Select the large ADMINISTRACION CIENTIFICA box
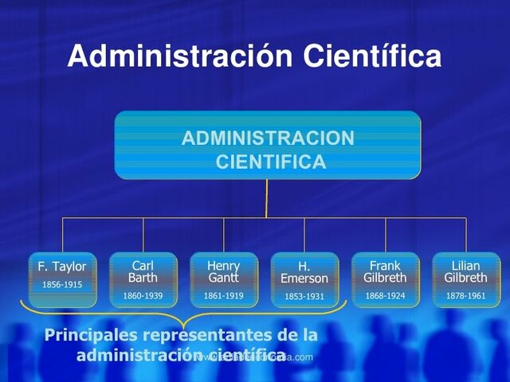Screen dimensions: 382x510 (x=267, y=145)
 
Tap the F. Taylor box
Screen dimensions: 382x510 (x=62, y=279)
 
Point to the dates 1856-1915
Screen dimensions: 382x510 (x=62, y=285)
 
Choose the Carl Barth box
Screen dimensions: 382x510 (x=143, y=279)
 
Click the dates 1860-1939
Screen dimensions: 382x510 (x=143, y=296)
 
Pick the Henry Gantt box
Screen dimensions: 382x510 (x=223, y=279)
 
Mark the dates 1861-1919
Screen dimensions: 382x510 (x=223, y=296)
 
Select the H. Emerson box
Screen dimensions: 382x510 (x=304, y=279)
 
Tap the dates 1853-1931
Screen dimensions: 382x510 (x=304, y=297)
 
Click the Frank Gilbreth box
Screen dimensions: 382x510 (x=385, y=279)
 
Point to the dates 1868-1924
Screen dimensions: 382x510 (x=385, y=296)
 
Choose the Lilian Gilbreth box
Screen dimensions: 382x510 (x=466, y=279)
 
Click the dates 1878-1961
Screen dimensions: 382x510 (x=466, y=296)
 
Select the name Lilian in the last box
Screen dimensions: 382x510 (x=466, y=266)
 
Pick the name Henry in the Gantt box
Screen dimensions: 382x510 (x=223, y=266)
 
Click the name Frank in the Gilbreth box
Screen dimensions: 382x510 (x=385, y=266)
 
